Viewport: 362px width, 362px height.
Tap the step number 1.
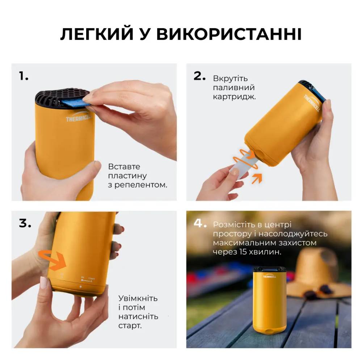coord(24,76)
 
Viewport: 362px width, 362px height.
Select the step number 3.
coord(25,223)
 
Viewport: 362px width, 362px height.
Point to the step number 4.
coord(200,223)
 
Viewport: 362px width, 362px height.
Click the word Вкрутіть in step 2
coord(230,79)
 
